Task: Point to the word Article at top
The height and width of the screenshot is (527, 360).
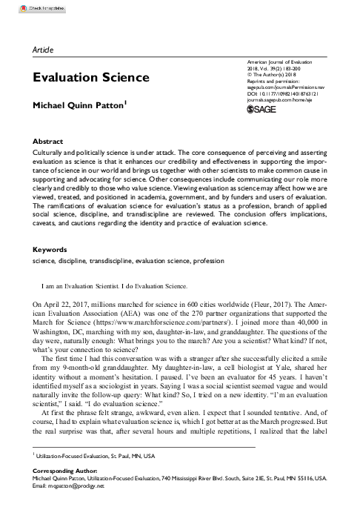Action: pyautogui.click(x=46, y=48)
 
